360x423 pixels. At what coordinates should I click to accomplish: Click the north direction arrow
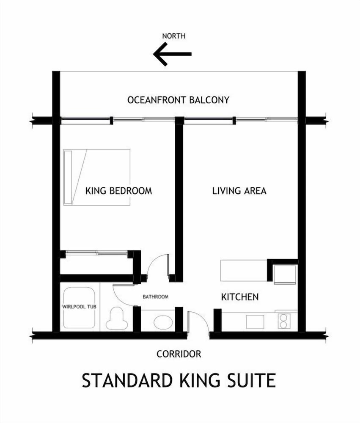(172, 54)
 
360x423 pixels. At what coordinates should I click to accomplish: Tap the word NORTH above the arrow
(174, 36)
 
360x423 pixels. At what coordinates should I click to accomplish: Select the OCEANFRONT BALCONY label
(178, 100)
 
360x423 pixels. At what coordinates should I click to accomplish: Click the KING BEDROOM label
(119, 191)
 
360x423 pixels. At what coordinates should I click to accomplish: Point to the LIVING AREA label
(239, 191)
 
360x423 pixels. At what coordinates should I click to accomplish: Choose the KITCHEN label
(240, 297)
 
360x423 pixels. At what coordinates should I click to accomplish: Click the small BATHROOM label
(156, 297)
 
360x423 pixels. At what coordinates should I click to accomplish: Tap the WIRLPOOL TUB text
(79, 307)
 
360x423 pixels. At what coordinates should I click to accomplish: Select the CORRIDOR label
(179, 354)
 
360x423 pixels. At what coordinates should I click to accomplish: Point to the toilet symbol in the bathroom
(117, 319)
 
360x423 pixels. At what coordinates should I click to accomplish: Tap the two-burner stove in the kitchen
(283, 321)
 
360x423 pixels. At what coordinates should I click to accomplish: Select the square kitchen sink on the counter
(255, 322)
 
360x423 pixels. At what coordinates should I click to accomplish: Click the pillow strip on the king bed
(68, 177)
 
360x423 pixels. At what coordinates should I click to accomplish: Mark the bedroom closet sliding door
(96, 253)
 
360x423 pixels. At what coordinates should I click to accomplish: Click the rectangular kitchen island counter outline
(244, 271)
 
